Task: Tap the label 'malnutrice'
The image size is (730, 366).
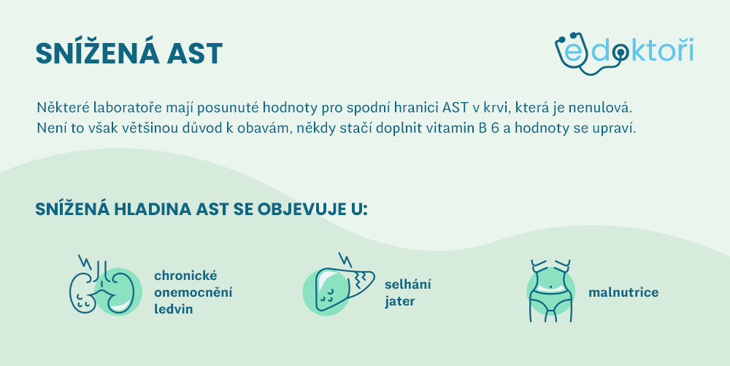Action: pos(623,292)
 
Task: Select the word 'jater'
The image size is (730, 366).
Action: pos(400,301)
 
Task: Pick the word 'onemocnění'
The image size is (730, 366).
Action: pos(193,292)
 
